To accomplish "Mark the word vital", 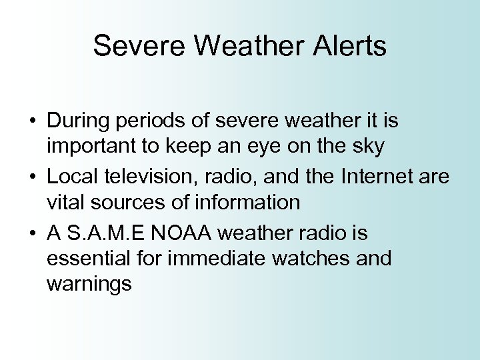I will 64,202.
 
